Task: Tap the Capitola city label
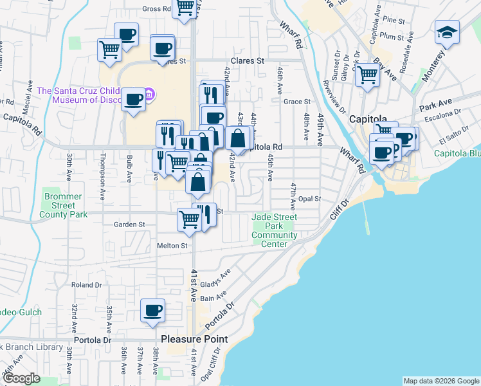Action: click(368, 120)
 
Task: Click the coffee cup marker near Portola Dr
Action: click(153, 311)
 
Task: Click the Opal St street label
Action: click(309, 199)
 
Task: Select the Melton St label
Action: click(172, 246)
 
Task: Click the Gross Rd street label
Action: click(157, 9)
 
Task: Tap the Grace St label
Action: click(297, 102)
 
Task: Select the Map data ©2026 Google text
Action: click(441, 381)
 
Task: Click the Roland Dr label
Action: click(87, 284)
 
